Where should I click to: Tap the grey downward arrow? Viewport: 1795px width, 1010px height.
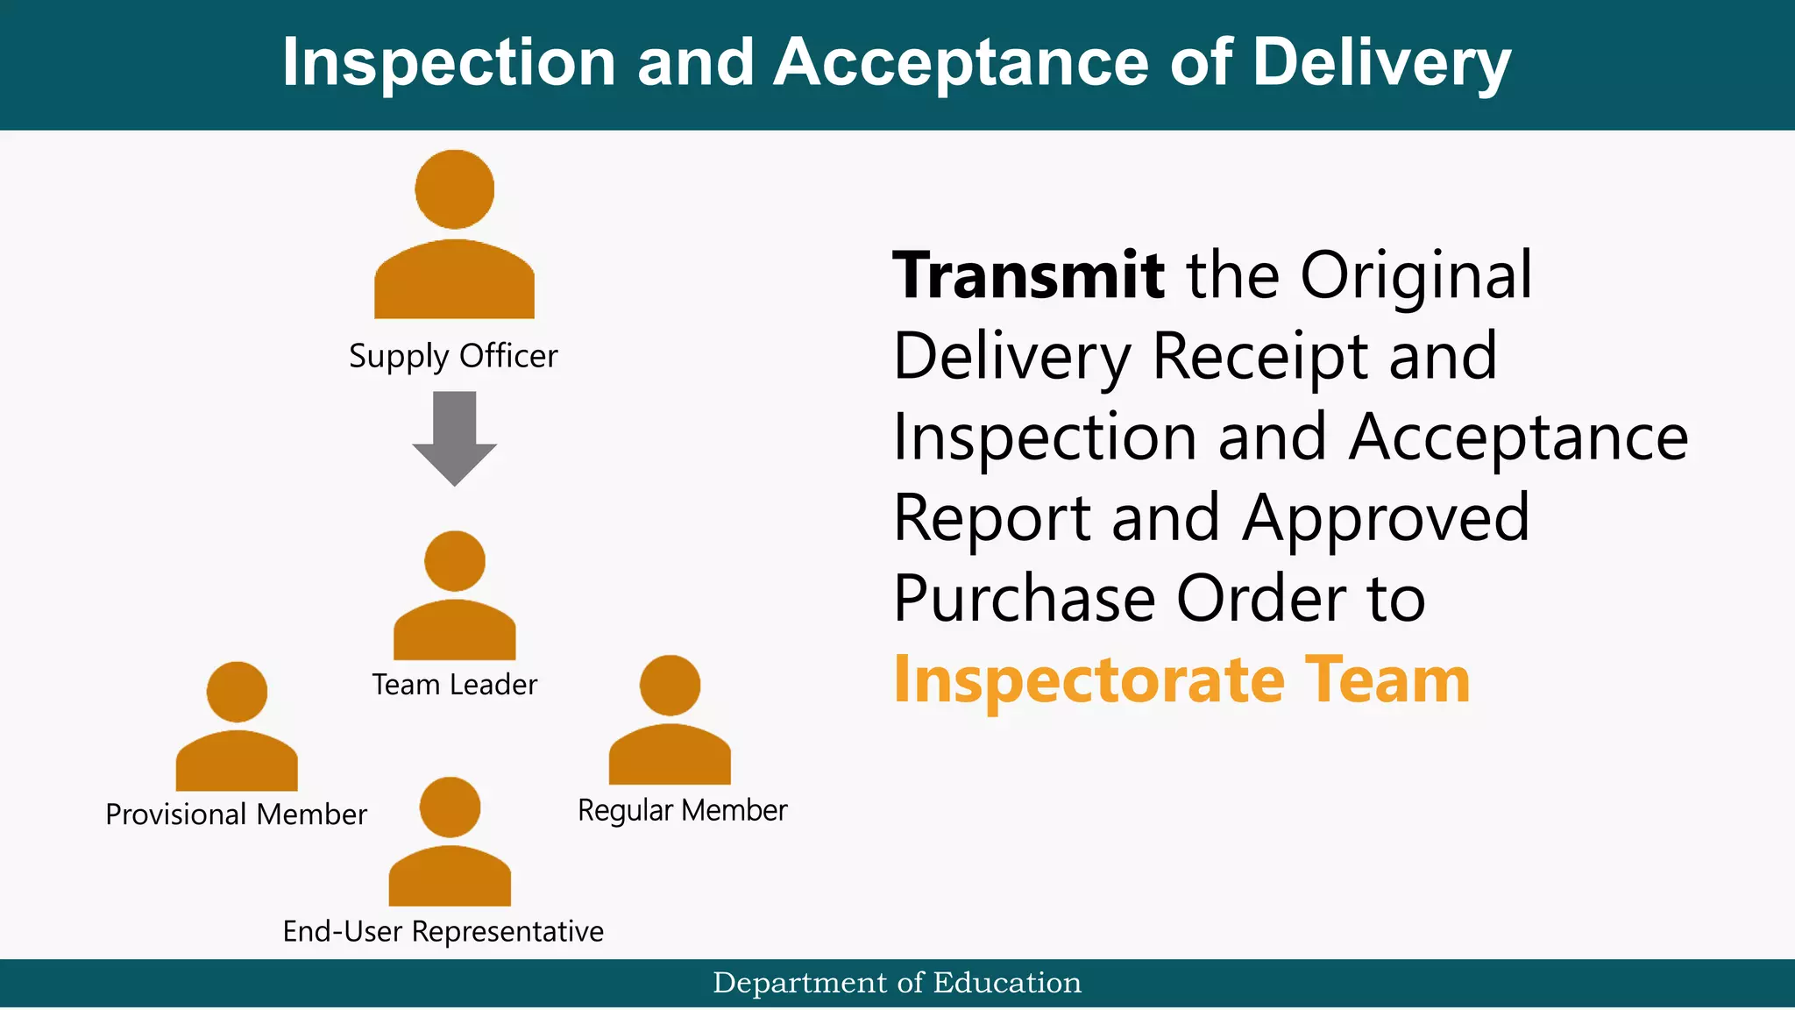click(454, 438)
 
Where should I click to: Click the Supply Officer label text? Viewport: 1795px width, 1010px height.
click(453, 356)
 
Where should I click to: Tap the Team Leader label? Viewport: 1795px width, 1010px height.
click(454, 685)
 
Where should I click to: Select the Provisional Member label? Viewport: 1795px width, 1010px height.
click(236, 814)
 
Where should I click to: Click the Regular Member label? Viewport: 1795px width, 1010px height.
click(682, 810)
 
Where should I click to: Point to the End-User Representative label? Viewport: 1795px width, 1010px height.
click(443, 931)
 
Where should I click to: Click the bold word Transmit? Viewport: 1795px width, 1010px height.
click(1028, 275)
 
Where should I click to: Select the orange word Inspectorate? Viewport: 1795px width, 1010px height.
click(1089, 680)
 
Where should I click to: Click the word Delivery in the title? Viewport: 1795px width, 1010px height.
click(1381, 63)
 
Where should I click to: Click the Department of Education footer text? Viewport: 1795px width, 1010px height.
click(897, 983)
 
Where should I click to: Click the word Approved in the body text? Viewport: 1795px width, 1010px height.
click(1386, 518)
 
